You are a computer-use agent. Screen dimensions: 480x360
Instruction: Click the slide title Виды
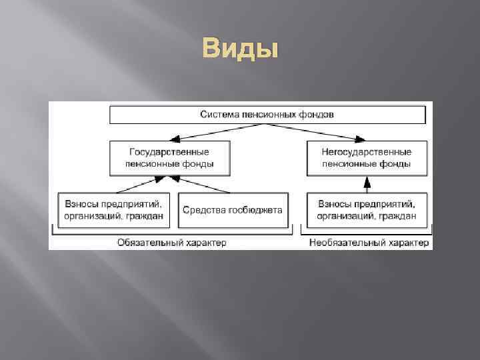(x=239, y=49)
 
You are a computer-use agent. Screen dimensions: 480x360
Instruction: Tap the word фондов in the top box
(x=317, y=115)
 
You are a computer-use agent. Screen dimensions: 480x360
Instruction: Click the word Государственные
(x=169, y=151)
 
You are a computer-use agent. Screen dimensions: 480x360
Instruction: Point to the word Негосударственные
(x=366, y=151)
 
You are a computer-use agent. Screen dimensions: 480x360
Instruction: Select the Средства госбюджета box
(x=233, y=210)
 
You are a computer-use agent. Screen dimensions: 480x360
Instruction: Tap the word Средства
(x=203, y=210)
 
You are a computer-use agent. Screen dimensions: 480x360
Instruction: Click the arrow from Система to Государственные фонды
(x=193, y=132)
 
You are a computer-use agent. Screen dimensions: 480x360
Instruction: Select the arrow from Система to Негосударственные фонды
(x=337, y=132)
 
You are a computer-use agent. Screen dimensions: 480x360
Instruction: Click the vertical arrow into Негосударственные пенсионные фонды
(x=366, y=183)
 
